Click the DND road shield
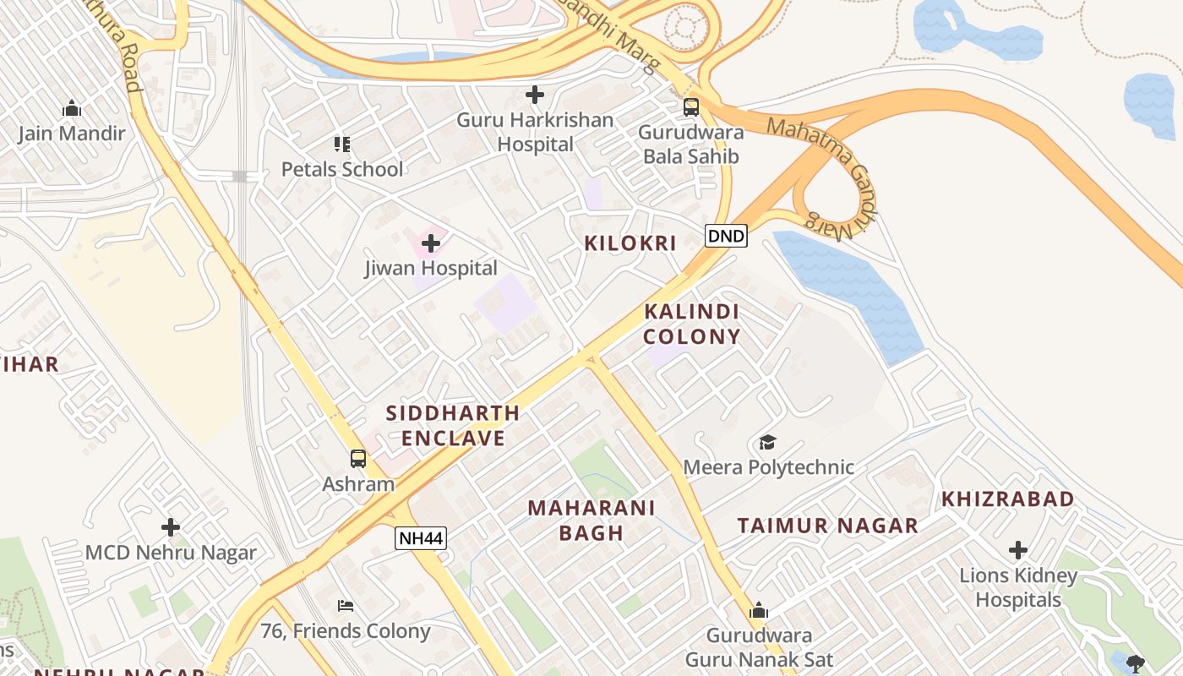click(x=726, y=236)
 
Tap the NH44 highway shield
click(x=420, y=538)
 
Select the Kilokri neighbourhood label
click(x=630, y=243)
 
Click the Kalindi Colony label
click(x=691, y=324)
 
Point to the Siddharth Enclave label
click(x=453, y=426)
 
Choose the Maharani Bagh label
click(x=591, y=520)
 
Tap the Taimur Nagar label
click(x=827, y=526)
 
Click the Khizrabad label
click(x=1008, y=499)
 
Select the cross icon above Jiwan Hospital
click(x=431, y=244)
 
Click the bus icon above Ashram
click(x=358, y=459)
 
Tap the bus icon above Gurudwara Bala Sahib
click(x=691, y=107)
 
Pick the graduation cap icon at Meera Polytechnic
click(x=767, y=442)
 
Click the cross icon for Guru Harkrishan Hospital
click(x=535, y=95)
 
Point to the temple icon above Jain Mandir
click(x=72, y=108)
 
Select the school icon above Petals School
click(x=341, y=144)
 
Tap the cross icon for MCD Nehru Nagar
click(x=171, y=527)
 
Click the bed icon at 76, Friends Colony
click(x=345, y=606)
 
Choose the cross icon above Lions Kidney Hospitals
click(x=1018, y=551)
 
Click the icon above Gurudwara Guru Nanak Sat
click(x=759, y=610)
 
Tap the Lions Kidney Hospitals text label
click(x=1018, y=588)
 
